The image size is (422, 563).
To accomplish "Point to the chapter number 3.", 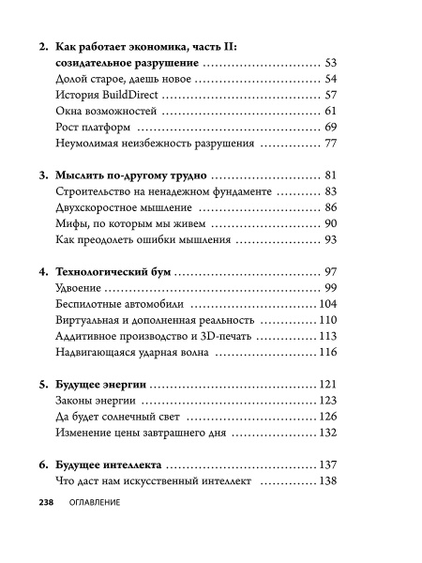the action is coord(46,175).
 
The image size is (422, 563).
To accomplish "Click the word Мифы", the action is coord(73,223).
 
